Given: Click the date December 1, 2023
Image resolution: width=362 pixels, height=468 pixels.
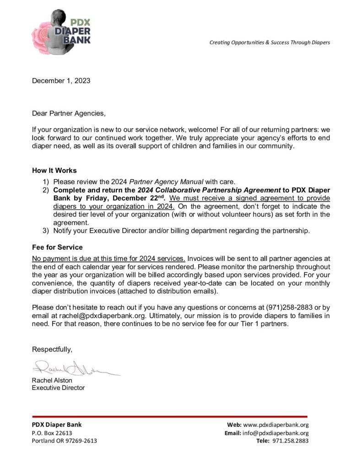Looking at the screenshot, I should (61, 81).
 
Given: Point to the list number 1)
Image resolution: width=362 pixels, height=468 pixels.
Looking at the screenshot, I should (46, 181).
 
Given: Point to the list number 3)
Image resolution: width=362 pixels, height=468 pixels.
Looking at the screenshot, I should (46, 230).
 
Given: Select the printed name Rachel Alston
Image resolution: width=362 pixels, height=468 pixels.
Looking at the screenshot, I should (52, 380).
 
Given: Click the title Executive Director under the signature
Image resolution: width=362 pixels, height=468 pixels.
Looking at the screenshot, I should (58, 388).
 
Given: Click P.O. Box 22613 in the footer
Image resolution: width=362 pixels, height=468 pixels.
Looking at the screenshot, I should (52, 433).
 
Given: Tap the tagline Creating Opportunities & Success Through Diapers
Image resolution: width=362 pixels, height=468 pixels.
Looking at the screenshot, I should (270, 43).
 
